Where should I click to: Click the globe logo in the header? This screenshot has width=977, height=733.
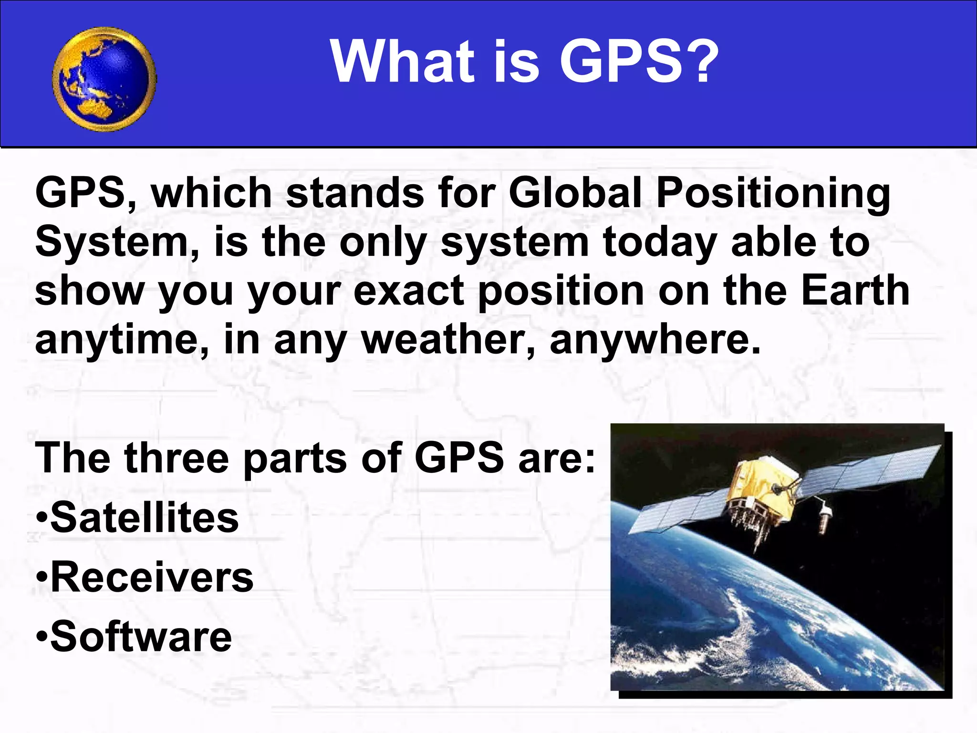click(x=104, y=79)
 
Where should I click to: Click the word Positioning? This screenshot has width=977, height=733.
click(x=773, y=193)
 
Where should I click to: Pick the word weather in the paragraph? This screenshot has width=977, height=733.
click(x=447, y=340)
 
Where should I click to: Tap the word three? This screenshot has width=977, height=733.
click(x=177, y=458)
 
